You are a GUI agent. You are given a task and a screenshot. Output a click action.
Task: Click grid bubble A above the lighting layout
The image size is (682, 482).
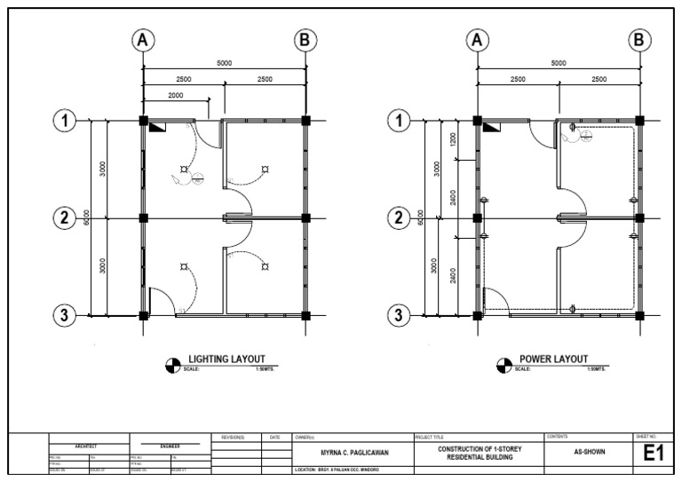click(142, 40)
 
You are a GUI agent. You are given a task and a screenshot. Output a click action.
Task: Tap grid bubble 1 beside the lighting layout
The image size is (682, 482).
click(64, 121)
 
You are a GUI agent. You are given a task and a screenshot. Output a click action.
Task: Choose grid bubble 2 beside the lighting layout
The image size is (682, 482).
click(64, 217)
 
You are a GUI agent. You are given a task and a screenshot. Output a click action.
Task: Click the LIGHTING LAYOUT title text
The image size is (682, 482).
click(226, 359)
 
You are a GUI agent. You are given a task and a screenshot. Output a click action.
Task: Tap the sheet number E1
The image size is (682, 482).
click(654, 454)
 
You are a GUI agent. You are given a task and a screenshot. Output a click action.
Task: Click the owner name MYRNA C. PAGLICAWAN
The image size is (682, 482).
click(353, 452)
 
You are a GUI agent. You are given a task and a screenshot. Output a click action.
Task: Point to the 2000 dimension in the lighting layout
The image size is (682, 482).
click(175, 95)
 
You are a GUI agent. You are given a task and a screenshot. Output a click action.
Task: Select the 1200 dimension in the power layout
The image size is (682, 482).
click(453, 139)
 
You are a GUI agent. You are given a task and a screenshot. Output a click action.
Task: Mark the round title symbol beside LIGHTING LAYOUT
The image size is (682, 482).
click(172, 364)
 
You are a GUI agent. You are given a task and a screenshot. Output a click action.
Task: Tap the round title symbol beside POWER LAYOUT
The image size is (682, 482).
click(504, 364)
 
